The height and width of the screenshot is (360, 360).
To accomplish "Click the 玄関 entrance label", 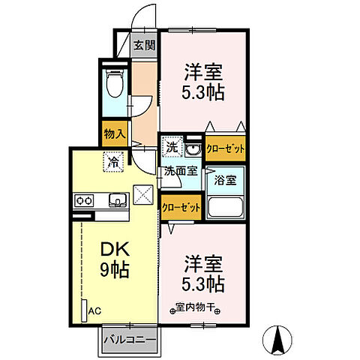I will pyautogui.click(x=145, y=45).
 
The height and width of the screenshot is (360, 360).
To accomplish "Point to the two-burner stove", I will pyautogui.click(x=83, y=199).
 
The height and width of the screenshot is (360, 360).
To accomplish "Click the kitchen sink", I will pyautogui.click(x=118, y=199).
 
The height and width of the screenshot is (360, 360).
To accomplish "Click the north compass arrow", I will pyautogui.click(x=278, y=341).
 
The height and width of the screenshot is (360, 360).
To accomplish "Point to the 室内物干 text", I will pyautogui.click(x=197, y=306).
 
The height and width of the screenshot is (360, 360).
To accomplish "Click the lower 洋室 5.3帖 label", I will pyautogui.click(x=202, y=274).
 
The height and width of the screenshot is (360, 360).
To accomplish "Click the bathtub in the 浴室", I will pyautogui.click(x=225, y=208).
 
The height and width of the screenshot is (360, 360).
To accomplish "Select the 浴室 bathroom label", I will pyautogui.click(x=225, y=181).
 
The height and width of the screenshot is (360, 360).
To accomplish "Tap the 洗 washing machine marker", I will pyautogui.click(x=172, y=145).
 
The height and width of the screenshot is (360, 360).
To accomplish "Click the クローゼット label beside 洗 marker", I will pyautogui.click(x=226, y=148).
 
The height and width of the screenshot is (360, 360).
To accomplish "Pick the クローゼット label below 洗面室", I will pyautogui.click(x=180, y=206).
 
